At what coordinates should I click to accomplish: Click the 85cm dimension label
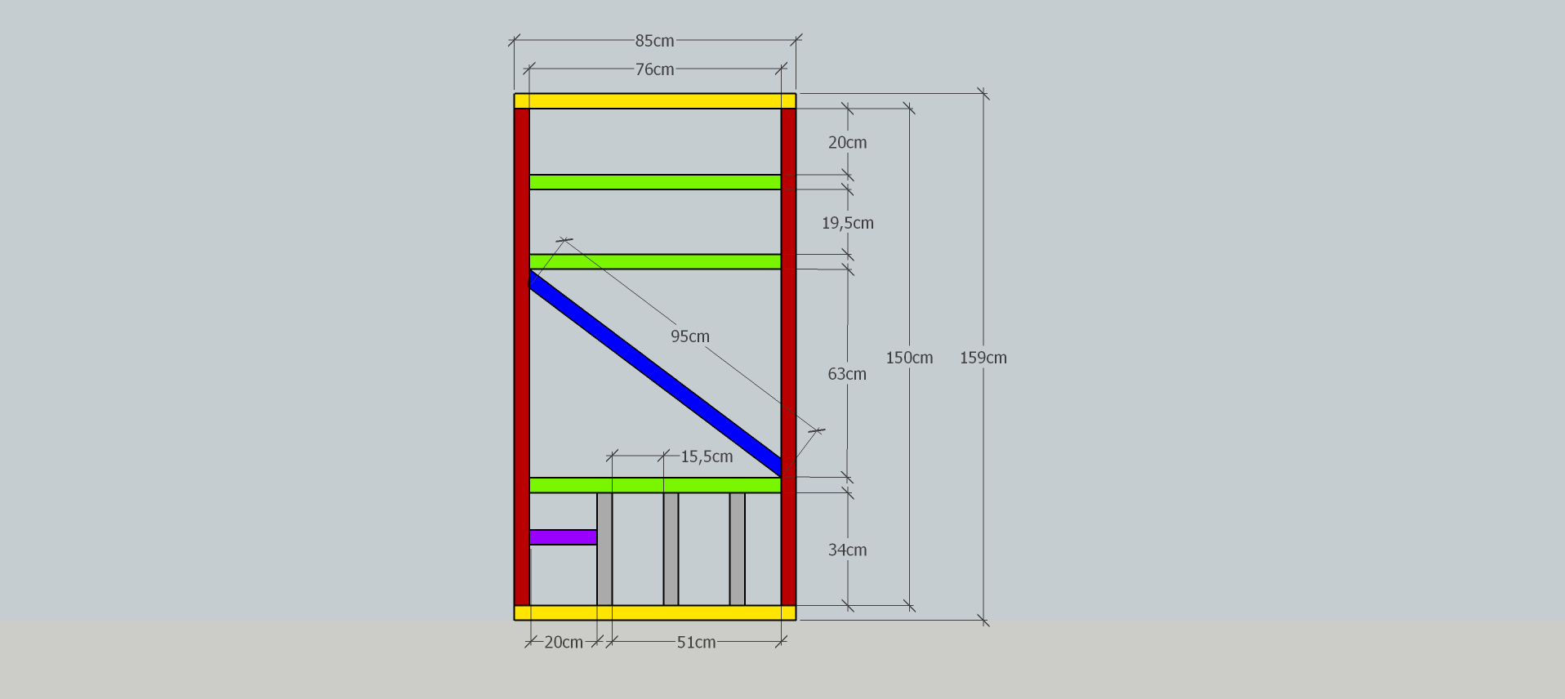coord(654,40)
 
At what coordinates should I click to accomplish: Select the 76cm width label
coord(654,69)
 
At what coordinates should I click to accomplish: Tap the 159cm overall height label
coord(983,358)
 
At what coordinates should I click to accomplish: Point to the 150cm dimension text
coord(909,358)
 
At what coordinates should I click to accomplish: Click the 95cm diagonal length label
coord(690,336)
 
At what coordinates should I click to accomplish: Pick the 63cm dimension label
coord(847,374)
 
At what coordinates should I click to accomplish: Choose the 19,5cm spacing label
coord(848,223)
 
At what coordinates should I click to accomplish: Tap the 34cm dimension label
coord(847,550)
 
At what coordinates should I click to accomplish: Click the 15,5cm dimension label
coord(707,456)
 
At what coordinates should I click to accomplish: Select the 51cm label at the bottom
coord(696,643)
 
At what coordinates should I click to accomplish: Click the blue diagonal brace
coord(655,373)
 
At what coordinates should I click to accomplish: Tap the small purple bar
coord(563,537)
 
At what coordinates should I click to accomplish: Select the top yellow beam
coord(655,101)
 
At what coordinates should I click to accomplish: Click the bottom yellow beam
coord(655,612)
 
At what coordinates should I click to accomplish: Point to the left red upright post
coord(522,357)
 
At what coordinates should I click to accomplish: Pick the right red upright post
coord(788,357)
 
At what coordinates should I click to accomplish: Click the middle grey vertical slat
coord(671,549)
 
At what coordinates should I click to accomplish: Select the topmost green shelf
coord(655,182)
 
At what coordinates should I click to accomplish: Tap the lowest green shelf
coord(655,485)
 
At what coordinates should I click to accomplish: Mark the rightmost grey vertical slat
coord(738,549)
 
